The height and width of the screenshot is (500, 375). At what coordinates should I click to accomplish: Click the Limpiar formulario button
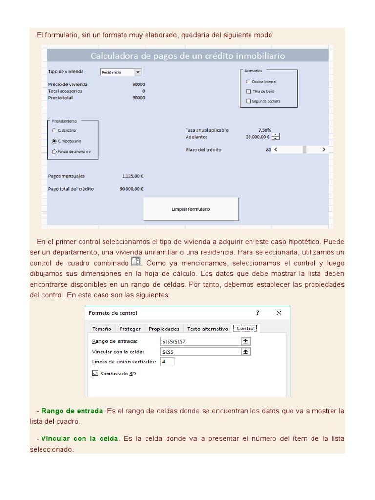(191, 209)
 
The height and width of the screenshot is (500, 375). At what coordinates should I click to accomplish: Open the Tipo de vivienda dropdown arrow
(138, 72)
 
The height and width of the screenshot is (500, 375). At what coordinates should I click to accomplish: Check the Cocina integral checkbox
(249, 82)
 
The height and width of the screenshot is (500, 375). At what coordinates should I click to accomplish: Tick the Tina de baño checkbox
(249, 91)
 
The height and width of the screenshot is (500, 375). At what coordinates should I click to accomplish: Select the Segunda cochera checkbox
(249, 101)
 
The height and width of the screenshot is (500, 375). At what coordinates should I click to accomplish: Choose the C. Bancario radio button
(54, 130)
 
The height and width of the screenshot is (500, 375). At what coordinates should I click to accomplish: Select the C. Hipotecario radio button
(54, 141)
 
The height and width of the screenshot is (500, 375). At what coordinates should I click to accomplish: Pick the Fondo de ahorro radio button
(54, 152)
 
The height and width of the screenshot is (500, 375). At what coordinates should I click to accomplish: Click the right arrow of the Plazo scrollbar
(323, 150)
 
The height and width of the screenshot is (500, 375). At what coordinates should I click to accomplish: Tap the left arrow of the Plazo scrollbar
(276, 150)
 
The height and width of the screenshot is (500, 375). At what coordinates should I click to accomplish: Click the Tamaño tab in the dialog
(102, 329)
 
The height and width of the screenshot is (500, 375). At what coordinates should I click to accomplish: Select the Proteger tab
(130, 329)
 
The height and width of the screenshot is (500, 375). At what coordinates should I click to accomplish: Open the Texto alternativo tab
(208, 329)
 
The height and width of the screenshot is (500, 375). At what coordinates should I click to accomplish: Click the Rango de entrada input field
(200, 341)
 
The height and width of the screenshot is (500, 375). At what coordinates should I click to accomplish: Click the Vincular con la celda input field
(200, 352)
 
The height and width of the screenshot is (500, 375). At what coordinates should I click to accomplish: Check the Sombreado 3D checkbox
(95, 373)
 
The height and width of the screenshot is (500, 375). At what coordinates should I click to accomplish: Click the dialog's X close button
(279, 313)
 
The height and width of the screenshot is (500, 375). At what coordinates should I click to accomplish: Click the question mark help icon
(258, 313)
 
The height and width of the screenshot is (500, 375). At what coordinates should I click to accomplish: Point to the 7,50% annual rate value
(264, 130)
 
